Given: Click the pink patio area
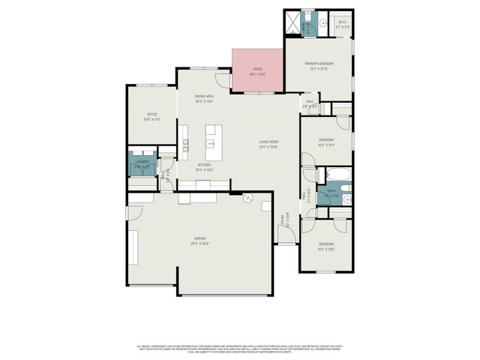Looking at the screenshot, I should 257,70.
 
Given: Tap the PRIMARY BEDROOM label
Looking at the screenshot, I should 319,64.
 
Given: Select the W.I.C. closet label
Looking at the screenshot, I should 343,22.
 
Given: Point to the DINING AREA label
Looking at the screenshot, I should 205,96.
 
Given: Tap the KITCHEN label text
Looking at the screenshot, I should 204,164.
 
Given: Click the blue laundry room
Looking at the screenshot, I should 142,166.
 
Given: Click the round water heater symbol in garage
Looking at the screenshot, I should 248,198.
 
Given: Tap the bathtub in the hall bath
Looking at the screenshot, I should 334,177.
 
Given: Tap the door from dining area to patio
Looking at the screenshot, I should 222,80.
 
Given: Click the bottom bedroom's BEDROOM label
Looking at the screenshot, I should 325,244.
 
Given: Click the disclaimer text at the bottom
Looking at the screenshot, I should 240,348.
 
